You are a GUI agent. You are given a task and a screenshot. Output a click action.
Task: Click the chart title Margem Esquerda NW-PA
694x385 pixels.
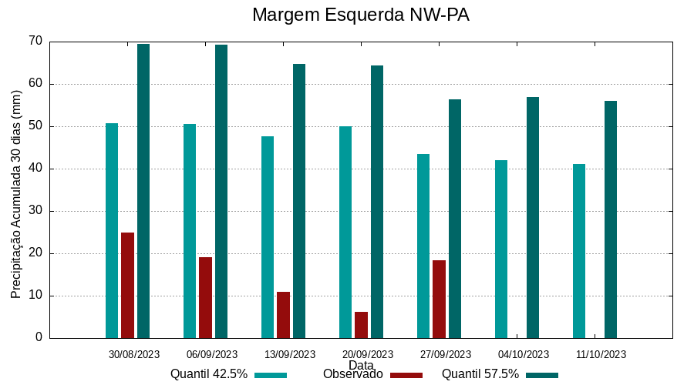click(361, 15)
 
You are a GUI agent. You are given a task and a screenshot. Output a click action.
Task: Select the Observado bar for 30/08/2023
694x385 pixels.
click(127, 285)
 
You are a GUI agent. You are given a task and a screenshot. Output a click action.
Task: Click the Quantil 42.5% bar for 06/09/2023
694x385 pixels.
click(190, 231)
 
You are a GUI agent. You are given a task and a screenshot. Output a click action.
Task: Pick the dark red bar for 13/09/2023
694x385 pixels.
click(283, 315)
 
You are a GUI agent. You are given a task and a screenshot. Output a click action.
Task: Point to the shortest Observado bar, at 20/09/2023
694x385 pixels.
click(361, 325)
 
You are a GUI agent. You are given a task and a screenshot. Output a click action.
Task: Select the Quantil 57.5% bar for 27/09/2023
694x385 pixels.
click(455, 219)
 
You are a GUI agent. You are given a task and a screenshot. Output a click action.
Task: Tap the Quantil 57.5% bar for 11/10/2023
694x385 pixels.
click(611, 219)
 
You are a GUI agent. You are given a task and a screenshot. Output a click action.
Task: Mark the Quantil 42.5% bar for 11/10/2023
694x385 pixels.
click(579, 251)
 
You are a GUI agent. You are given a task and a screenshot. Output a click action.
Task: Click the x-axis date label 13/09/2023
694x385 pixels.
click(290, 355)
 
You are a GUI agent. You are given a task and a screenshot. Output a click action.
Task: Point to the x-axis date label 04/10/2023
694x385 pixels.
click(524, 355)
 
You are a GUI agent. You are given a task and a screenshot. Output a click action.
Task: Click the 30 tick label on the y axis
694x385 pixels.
click(35, 211)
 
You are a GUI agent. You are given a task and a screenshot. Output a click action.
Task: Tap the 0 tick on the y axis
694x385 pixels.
click(39, 338)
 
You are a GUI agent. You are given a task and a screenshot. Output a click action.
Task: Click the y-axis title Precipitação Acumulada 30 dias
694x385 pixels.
click(16, 194)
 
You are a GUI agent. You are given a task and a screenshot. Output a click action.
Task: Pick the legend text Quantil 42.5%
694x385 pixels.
click(209, 374)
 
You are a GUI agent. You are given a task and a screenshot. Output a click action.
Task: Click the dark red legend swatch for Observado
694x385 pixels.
click(406, 375)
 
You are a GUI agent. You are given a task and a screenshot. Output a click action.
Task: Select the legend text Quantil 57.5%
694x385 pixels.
click(480, 374)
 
